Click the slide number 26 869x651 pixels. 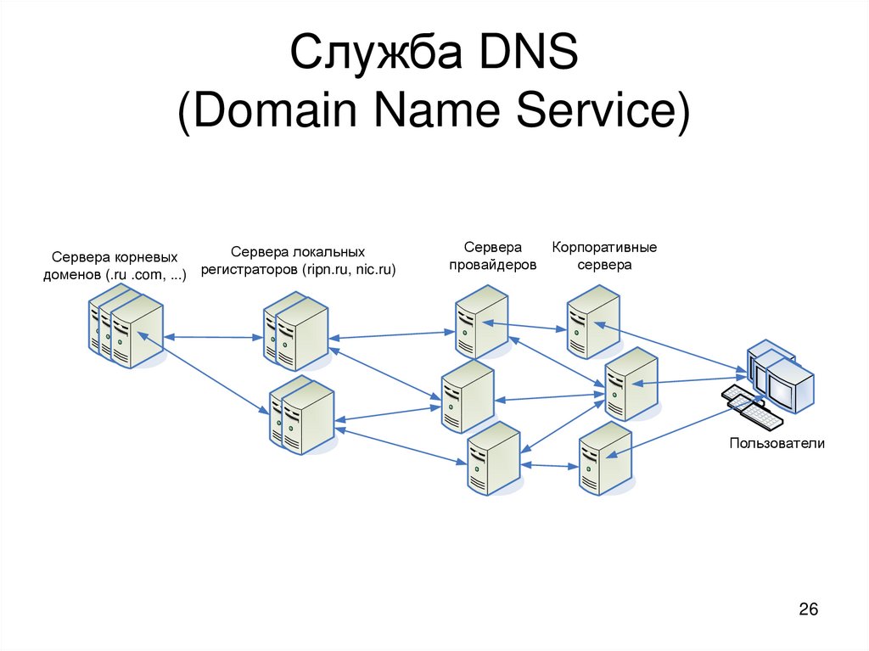tap(808, 609)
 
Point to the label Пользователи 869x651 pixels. tap(776, 443)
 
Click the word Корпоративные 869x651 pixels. tap(604, 248)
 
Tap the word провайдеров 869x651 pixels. tap(492, 265)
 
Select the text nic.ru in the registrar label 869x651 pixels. tap(376, 270)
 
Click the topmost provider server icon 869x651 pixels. tap(480, 322)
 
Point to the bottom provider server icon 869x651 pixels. tap(494, 458)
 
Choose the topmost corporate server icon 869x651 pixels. tap(593, 321)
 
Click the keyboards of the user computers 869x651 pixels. tap(753, 409)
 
